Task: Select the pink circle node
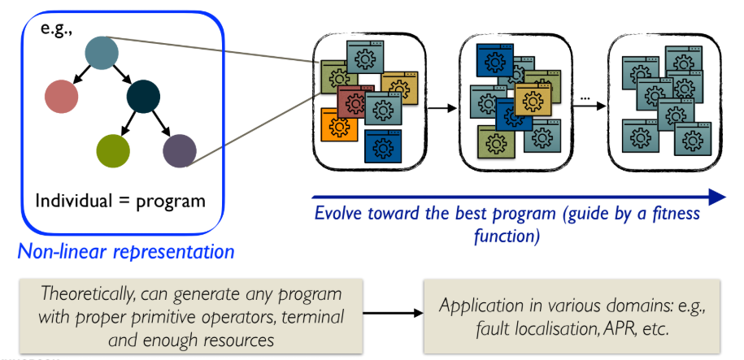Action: [x=62, y=96]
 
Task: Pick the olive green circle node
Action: [x=113, y=150]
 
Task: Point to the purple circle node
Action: [x=180, y=150]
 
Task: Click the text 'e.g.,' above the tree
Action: [x=57, y=29]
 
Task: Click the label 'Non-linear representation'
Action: [x=125, y=251]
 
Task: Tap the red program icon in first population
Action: [x=351, y=102]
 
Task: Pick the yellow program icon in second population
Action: [x=533, y=99]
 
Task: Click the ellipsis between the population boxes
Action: [x=585, y=99]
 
